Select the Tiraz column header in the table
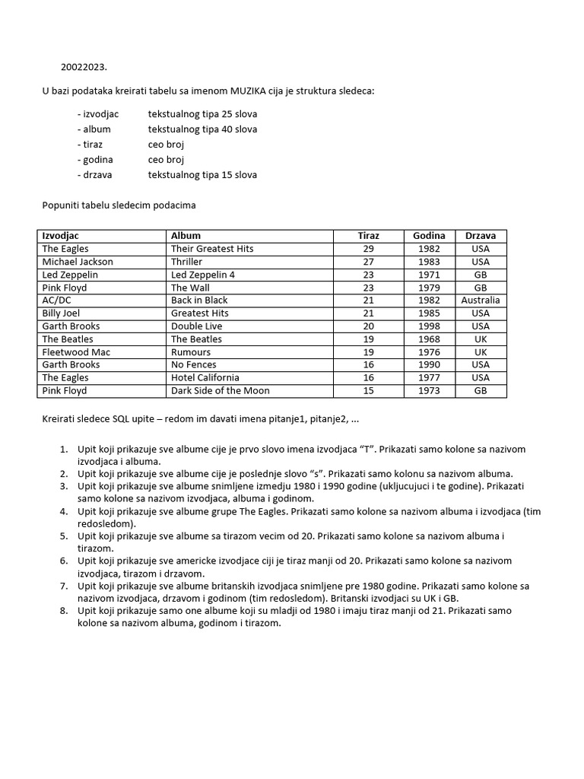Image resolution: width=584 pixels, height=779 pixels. click(368, 236)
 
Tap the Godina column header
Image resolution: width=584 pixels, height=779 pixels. click(429, 236)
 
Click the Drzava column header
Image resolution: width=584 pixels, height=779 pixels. click(480, 236)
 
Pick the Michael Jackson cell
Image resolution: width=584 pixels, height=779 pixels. click(78, 262)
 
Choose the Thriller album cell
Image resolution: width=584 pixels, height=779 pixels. click(188, 262)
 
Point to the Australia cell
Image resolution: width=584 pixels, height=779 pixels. click(480, 300)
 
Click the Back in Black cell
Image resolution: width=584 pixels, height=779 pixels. click(199, 300)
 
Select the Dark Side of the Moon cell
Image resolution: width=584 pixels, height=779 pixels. click(220, 390)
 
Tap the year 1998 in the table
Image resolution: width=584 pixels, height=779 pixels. click(429, 326)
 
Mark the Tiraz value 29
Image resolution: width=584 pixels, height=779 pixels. click(368, 249)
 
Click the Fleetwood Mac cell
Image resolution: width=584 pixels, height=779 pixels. click(76, 352)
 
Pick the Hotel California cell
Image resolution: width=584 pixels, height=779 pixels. click(205, 377)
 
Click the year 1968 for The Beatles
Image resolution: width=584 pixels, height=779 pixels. click(429, 339)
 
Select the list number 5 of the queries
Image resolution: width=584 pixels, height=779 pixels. click(64, 536)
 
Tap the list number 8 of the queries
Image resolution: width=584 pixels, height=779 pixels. click(64, 611)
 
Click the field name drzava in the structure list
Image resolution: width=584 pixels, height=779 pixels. click(97, 175)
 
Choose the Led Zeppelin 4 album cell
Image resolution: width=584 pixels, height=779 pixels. click(202, 275)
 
